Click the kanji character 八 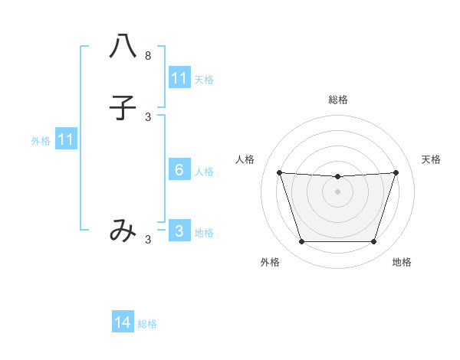123,47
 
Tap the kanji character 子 123,108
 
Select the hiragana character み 123,231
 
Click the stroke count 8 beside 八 148,56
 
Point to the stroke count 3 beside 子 148,117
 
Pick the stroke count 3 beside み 148,240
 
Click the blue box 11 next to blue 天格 179,78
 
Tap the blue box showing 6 179,170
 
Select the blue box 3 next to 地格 179,231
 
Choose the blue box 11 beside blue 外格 66,139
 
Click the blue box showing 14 123,322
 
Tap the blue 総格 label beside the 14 147,324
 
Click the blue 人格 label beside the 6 205,172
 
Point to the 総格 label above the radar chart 337,100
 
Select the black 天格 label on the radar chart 431,159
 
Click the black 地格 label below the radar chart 402,263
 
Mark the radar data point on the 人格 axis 279,172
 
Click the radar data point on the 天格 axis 396,172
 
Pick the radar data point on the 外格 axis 301,242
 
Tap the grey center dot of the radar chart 337,191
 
